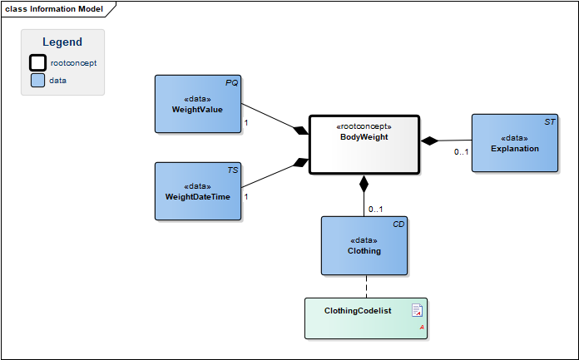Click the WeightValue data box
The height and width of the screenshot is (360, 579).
tap(198, 104)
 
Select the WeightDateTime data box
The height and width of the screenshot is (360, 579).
tap(198, 191)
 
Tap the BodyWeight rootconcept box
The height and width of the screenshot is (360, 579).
tap(364, 145)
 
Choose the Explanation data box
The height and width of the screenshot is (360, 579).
tap(515, 143)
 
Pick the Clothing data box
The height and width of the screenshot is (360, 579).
tap(364, 245)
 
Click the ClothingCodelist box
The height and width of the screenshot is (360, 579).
tap(366, 318)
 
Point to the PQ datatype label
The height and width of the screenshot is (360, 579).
tap(231, 83)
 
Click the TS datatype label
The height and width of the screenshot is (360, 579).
tap(233, 170)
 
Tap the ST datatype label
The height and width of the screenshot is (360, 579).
tap(550, 122)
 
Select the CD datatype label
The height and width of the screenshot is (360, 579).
tap(398, 224)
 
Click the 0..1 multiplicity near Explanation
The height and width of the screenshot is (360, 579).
tap(461, 152)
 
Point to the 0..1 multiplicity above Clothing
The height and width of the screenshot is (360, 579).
tap(375, 210)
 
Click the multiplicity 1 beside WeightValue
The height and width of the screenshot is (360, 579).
tap(246, 122)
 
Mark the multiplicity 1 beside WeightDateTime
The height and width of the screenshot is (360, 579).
tap(246, 197)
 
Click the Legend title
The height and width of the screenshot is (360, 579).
tap(62, 42)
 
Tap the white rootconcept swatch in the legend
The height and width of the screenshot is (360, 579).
tap(38, 62)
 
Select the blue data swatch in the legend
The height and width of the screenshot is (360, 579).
tap(37, 80)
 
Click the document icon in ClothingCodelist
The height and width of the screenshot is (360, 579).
tap(417, 310)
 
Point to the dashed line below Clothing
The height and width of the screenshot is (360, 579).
tap(366, 287)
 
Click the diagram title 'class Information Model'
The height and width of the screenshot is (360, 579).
tap(54, 9)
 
